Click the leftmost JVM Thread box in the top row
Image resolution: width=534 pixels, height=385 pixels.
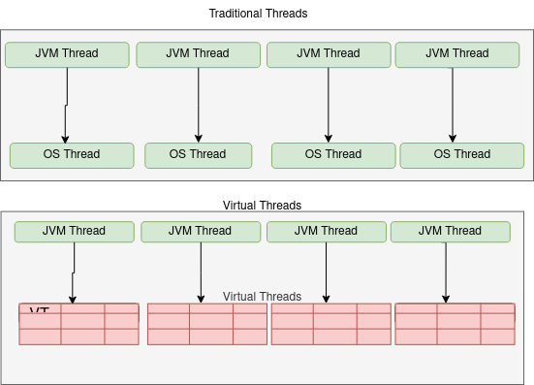click(x=67, y=54)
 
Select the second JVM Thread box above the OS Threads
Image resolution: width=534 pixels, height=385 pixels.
click(x=198, y=54)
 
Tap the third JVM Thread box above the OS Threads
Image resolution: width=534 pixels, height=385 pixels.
click(x=329, y=54)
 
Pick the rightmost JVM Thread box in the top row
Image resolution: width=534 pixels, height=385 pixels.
click(x=457, y=54)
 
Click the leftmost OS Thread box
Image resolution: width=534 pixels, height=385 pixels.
click(x=72, y=154)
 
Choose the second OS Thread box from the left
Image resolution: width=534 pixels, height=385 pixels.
click(x=198, y=154)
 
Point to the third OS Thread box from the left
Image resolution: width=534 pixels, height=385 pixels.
click(x=333, y=154)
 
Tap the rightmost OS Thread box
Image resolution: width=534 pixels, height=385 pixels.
click(x=461, y=154)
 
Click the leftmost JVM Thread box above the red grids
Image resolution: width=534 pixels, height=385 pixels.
click(x=74, y=232)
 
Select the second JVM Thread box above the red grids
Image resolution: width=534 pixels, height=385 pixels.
click(x=201, y=232)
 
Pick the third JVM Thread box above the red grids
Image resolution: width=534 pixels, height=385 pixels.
click(x=327, y=232)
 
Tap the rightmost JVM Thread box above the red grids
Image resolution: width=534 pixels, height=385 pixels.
click(x=450, y=232)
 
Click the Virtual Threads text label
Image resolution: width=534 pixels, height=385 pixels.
click(x=262, y=297)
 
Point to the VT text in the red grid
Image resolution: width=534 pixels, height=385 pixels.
click(x=39, y=311)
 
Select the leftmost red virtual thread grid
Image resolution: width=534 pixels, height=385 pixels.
click(x=79, y=325)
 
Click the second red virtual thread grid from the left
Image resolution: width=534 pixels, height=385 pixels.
click(x=206, y=325)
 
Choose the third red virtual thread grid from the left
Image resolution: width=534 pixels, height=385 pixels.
click(x=330, y=325)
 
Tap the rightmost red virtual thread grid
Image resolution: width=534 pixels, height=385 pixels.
click(x=455, y=325)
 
